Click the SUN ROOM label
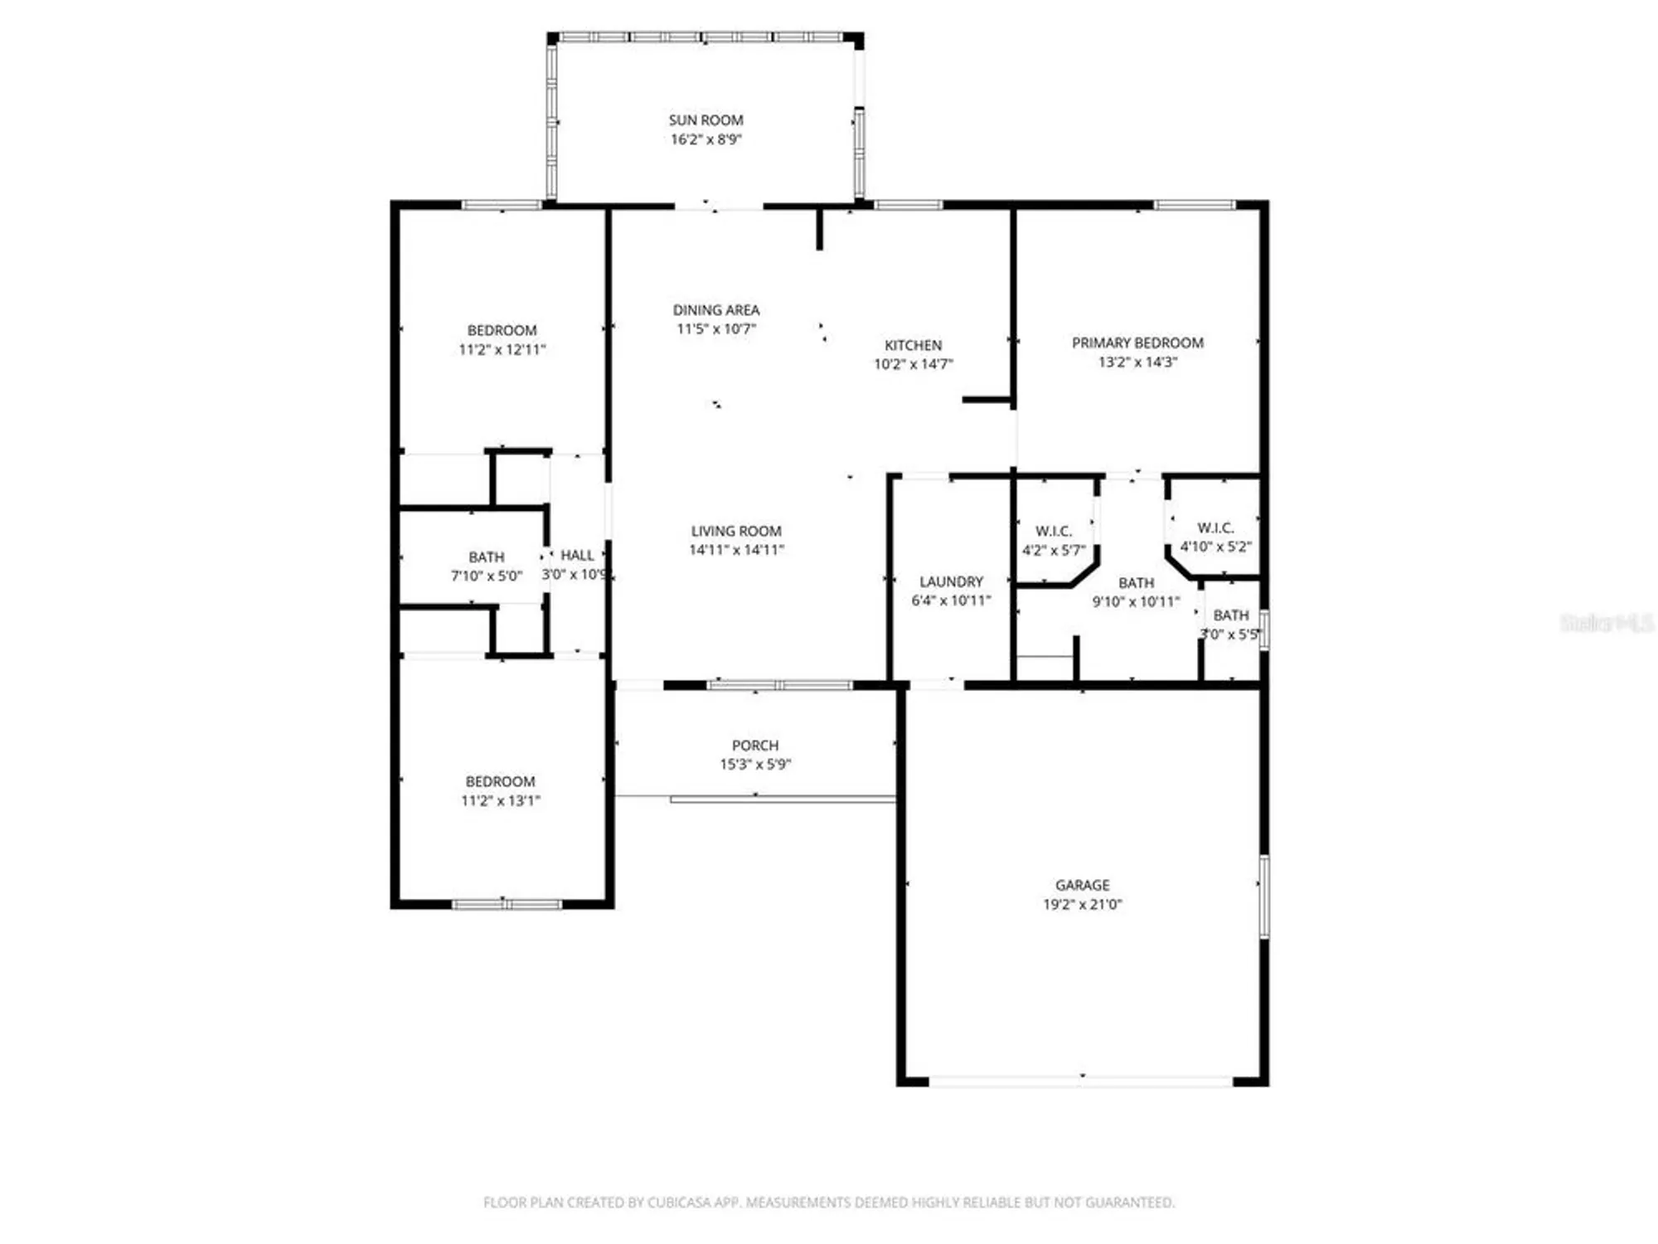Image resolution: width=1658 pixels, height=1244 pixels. coord(705,120)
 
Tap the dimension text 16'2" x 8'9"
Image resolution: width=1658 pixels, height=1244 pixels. coord(705,139)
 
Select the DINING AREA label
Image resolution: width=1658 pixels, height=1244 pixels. coord(715,310)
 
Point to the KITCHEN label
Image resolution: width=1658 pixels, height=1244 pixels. coord(913,345)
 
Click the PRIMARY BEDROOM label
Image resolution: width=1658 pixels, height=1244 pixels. coord(1137,343)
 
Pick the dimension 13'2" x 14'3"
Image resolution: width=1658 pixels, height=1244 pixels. coord(1137,362)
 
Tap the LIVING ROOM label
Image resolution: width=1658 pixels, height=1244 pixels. coord(736,531)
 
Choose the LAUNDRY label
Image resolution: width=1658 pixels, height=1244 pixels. coord(951,581)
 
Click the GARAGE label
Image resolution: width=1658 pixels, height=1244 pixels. coord(1082,885)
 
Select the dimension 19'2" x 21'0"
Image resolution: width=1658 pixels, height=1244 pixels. coord(1082,904)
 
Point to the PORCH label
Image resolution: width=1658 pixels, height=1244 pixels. coord(754,746)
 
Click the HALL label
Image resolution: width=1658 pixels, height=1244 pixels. coord(577,555)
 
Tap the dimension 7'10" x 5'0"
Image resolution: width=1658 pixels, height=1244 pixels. coord(487,576)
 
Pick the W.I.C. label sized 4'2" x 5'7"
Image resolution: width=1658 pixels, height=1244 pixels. coord(1053,531)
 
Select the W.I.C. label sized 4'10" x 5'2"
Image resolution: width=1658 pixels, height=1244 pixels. coord(1215,527)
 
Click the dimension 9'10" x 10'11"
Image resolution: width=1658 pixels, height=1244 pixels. coord(1136,601)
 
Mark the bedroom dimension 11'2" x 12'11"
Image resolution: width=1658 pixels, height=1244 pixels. coord(502,349)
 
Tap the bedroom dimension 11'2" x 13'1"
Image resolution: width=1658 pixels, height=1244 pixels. coord(500,800)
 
